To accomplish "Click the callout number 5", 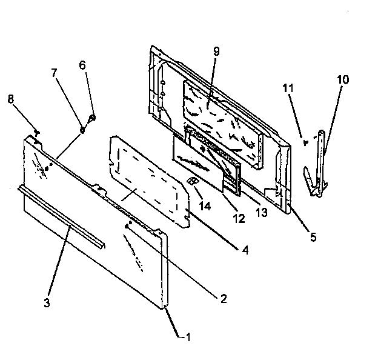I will (x=313, y=237).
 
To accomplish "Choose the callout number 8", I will (x=10, y=99).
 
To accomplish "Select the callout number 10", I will (x=342, y=79).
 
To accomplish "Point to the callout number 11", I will (x=289, y=88).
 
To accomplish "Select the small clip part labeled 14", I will (x=191, y=181).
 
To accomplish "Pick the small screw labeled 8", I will (x=38, y=132).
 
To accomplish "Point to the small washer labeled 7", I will (x=83, y=128).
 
